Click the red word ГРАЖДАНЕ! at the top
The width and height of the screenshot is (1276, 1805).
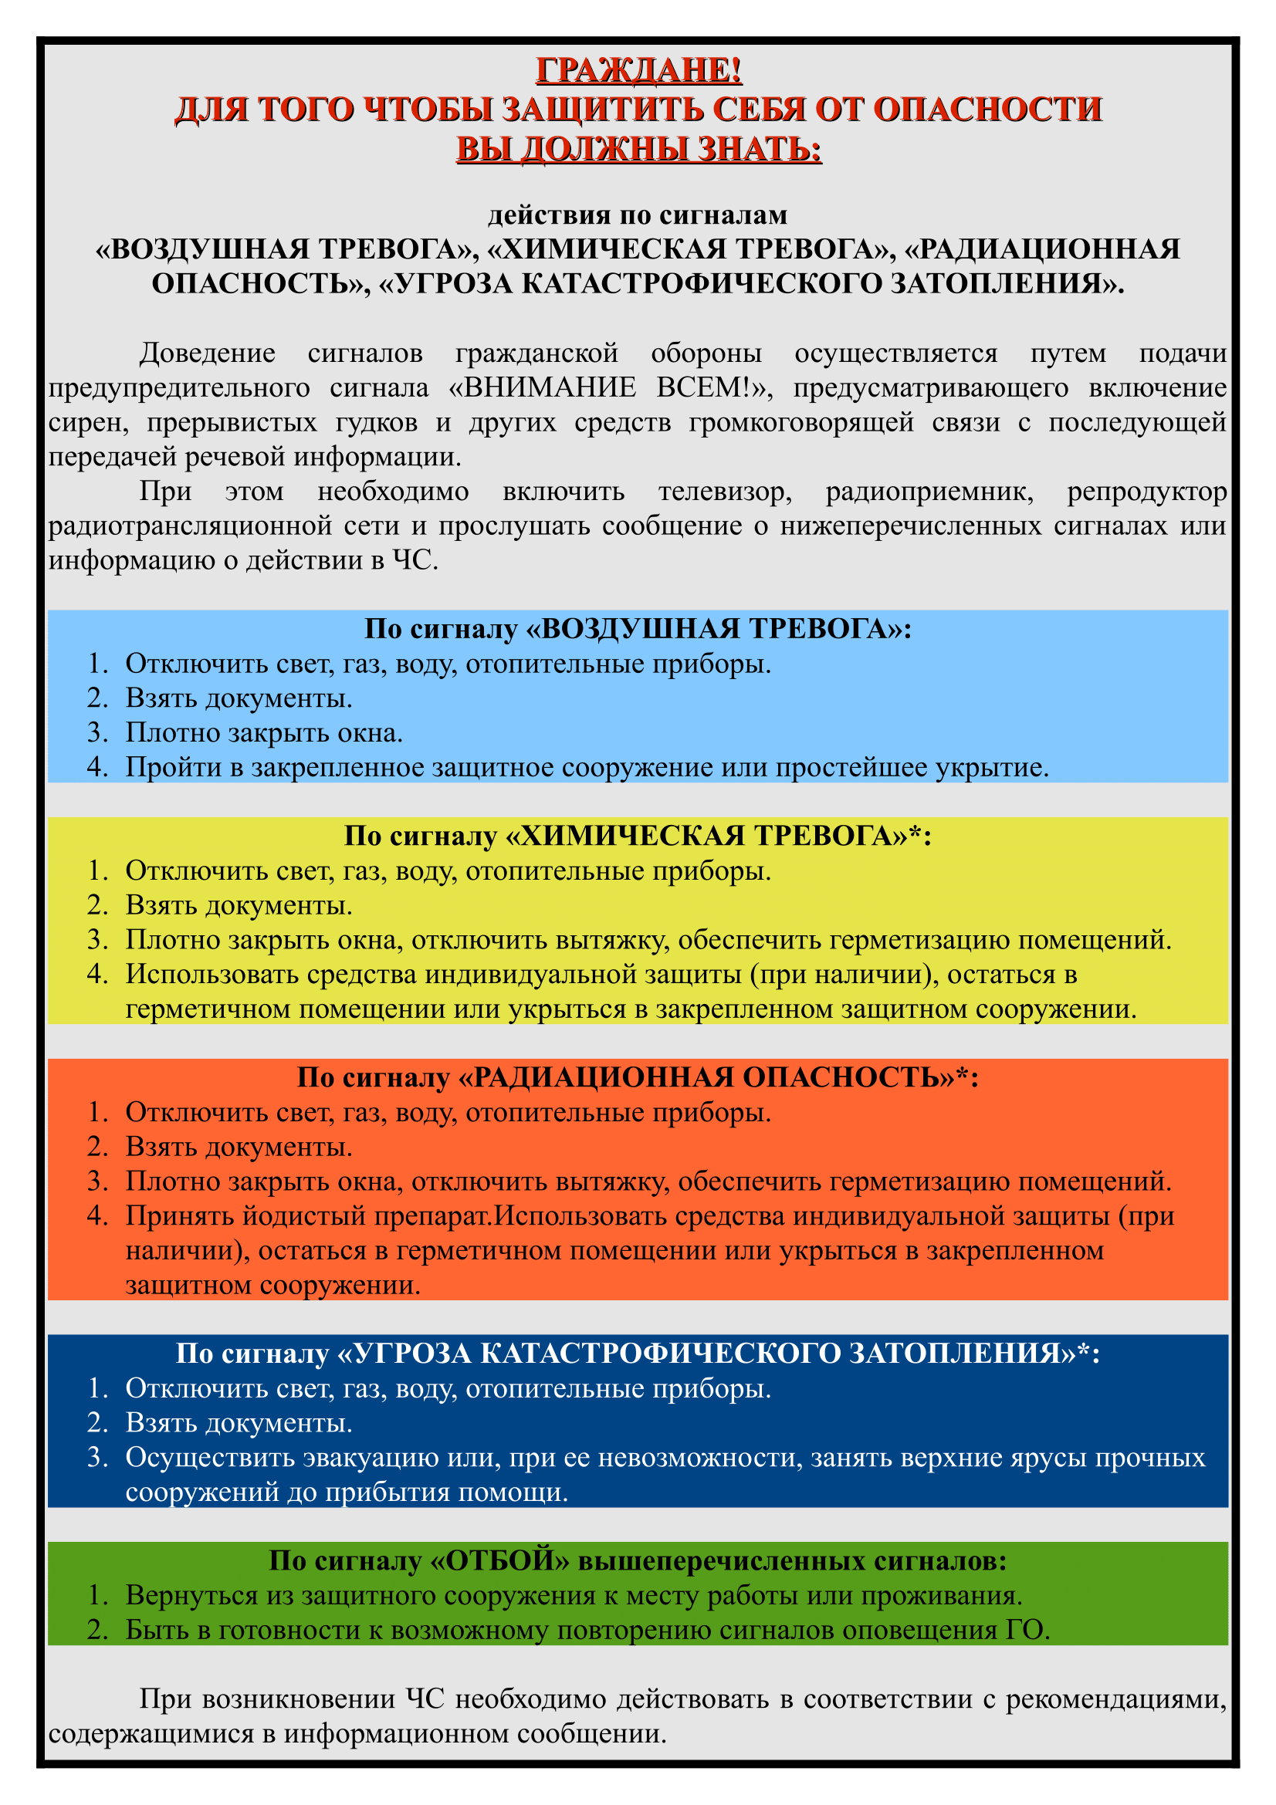coord(638,70)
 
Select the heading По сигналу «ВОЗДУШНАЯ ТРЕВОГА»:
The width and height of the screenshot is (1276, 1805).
coord(638,629)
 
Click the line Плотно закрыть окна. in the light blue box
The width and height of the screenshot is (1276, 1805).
coord(264,732)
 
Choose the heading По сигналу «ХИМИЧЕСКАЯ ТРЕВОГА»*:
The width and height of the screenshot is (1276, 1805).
coord(638,836)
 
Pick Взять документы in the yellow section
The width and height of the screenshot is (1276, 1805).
coord(239,905)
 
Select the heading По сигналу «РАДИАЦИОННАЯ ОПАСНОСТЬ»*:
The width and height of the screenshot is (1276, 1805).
coord(638,1077)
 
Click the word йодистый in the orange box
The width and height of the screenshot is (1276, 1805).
coord(303,1215)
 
